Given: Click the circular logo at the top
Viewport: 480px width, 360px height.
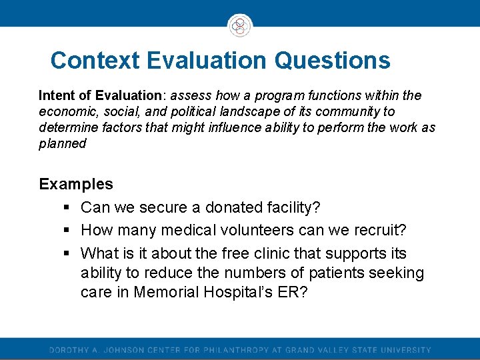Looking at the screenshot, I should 240,25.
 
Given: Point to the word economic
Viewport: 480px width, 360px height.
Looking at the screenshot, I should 65,111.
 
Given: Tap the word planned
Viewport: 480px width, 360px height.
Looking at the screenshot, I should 63,143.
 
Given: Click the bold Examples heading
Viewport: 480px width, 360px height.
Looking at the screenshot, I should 76,184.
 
